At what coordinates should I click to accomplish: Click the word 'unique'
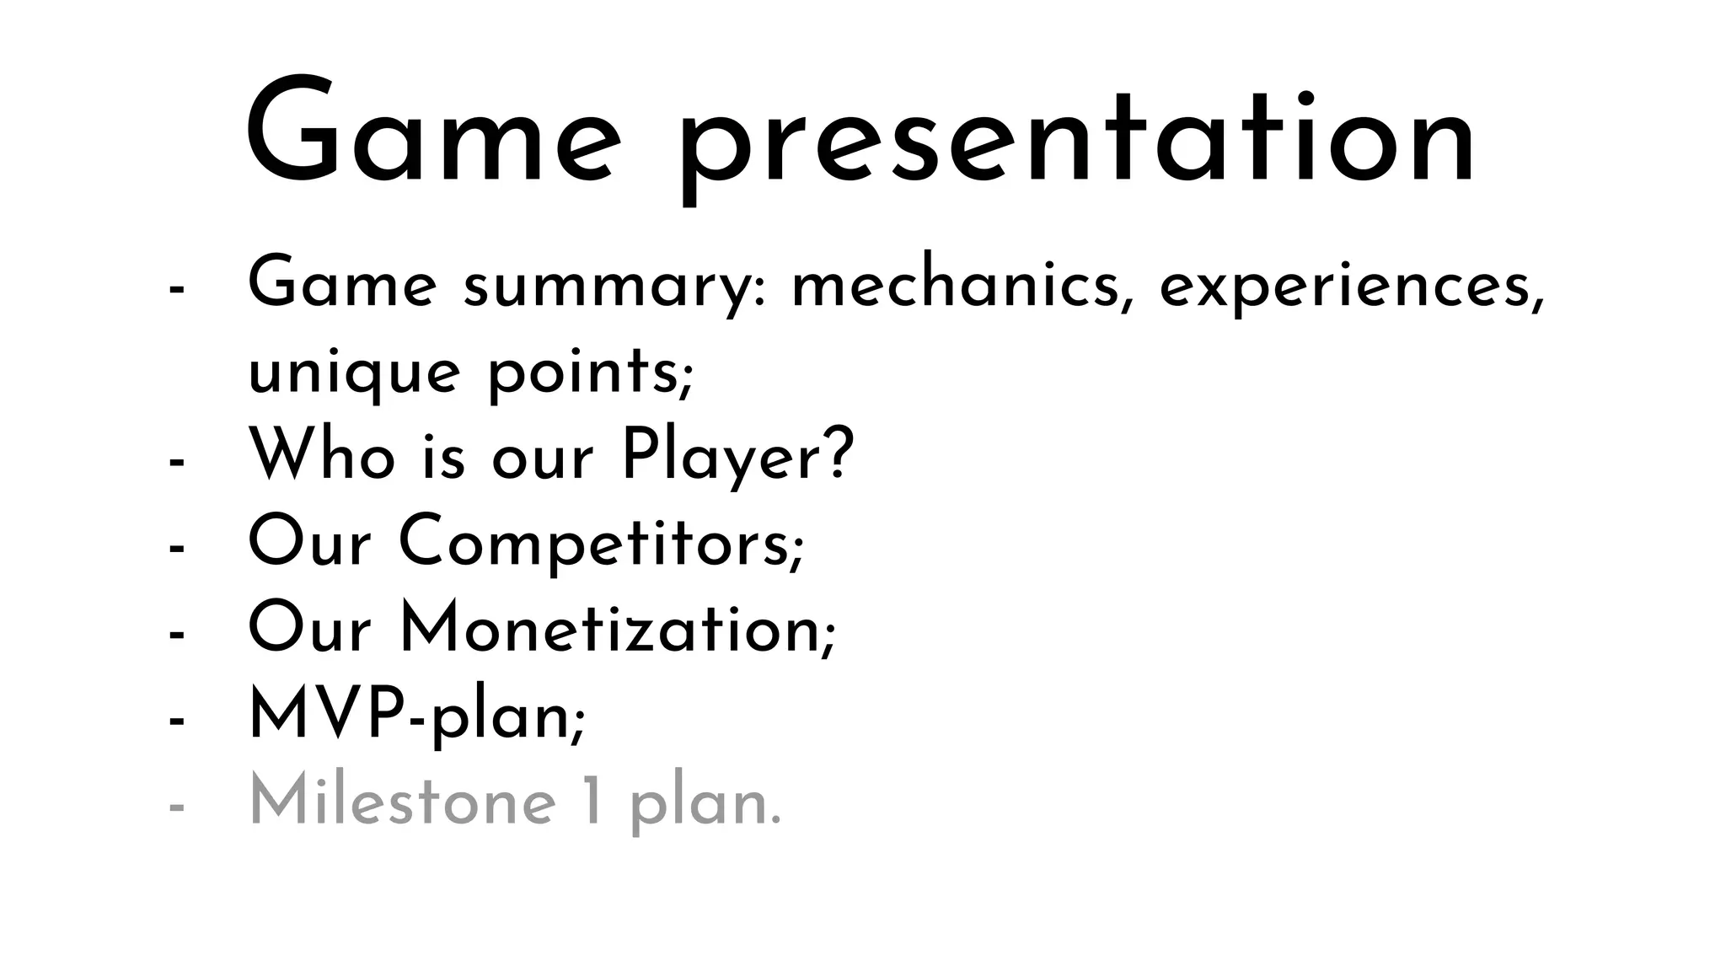point(354,374)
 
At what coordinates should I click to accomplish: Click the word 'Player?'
point(737,457)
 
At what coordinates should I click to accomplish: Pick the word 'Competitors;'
point(602,544)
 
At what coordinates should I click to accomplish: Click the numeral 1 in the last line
point(593,803)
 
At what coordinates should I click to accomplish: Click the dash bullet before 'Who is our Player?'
point(176,462)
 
